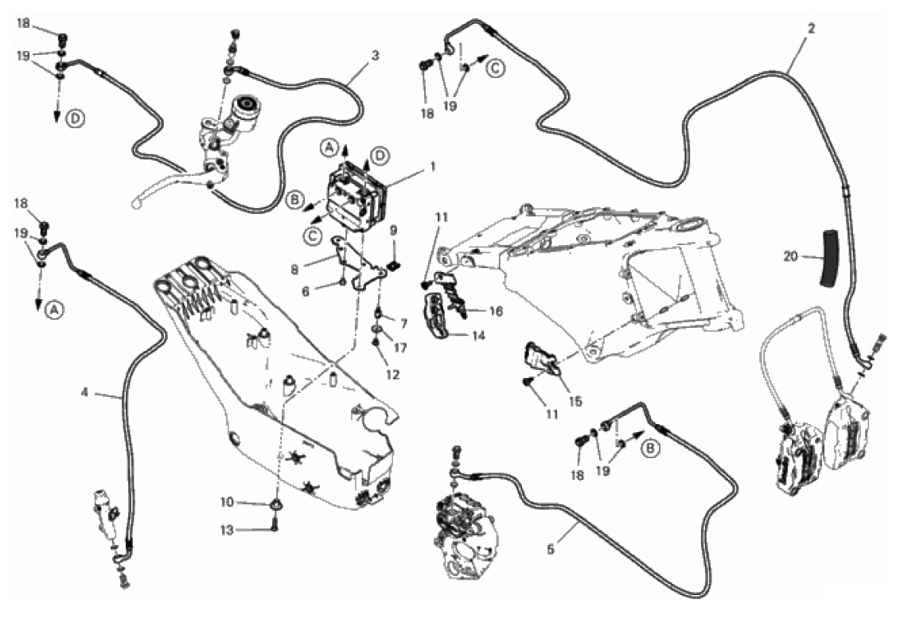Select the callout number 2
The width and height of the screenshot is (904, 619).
pos(810,28)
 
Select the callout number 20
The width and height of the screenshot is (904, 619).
pos(789,256)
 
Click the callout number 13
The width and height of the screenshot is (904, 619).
pos(228,528)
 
